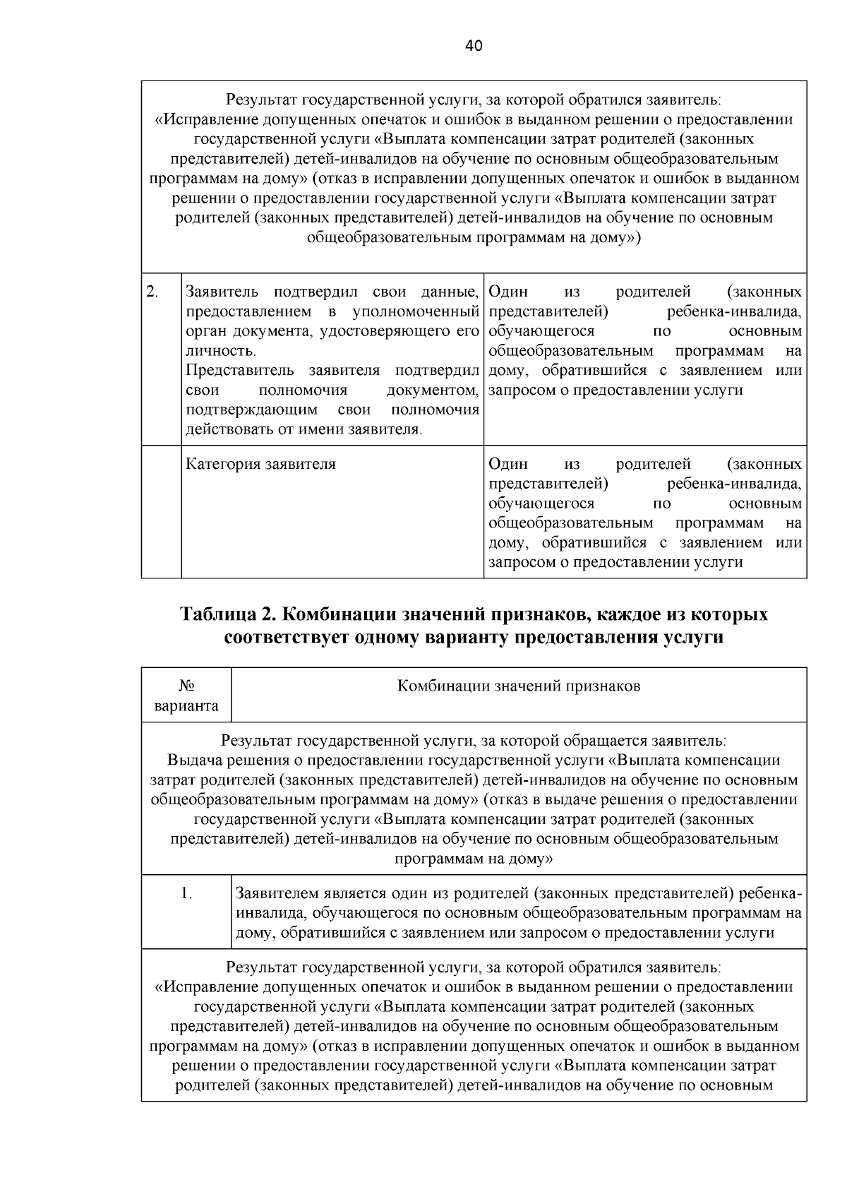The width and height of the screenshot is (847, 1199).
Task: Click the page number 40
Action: pos(474,46)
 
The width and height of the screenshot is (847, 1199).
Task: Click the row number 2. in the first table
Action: pos(152,292)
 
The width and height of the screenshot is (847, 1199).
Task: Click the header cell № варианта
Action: pos(186,696)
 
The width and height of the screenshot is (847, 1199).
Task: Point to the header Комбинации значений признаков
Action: pos(519,686)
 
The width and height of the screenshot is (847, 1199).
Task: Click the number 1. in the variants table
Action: pos(186,894)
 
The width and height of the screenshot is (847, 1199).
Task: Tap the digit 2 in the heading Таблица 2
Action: pos(269,614)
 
